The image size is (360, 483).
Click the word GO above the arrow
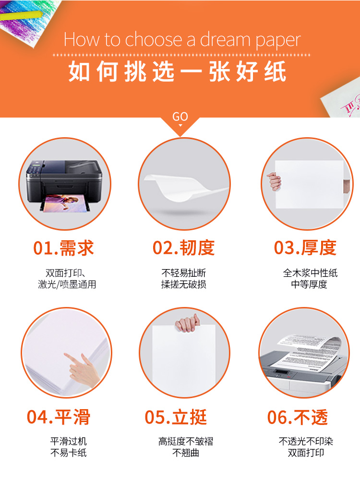[180, 117]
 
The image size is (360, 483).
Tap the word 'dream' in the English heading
[225, 40]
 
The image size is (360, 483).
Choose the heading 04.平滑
[59, 417]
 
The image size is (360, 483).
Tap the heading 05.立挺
[176, 417]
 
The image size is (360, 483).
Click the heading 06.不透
[298, 417]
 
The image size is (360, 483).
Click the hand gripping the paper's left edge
[274, 181]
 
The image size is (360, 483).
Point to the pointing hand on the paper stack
[81, 370]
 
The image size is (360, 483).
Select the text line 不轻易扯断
[184, 273]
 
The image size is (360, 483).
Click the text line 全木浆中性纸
[310, 273]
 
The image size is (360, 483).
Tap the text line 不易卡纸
[69, 453]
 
